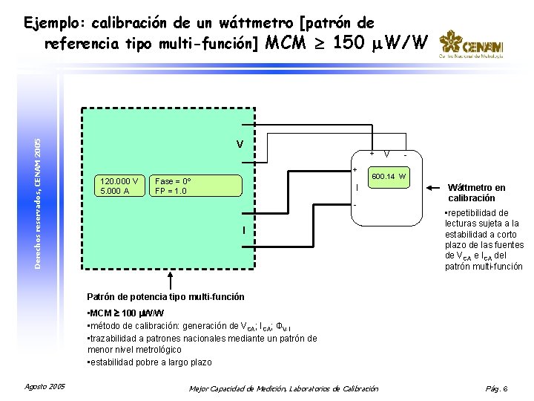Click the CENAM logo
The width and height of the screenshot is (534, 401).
[x=471, y=44]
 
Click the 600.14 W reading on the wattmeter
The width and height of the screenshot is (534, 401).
[x=389, y=176]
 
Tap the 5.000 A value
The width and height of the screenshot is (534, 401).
[x=114, y=191]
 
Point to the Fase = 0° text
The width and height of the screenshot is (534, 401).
[x=174, y=181]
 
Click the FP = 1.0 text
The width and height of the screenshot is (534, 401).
[x=171, y=191]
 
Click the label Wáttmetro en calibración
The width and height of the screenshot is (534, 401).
[x=477, y=193]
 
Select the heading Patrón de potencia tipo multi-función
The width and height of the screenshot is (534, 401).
[x=165, y=297]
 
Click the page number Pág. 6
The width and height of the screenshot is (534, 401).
[x=495, y=388]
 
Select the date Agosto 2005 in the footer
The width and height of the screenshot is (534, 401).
[x=45, y=387]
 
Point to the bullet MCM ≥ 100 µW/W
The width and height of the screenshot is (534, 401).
[x=125, y=313]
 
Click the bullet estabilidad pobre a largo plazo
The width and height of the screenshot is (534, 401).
[x=149, y=362]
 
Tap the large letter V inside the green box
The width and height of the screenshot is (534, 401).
[x=240, y=143]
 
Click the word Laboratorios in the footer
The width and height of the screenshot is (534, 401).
[x=311, y=388]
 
